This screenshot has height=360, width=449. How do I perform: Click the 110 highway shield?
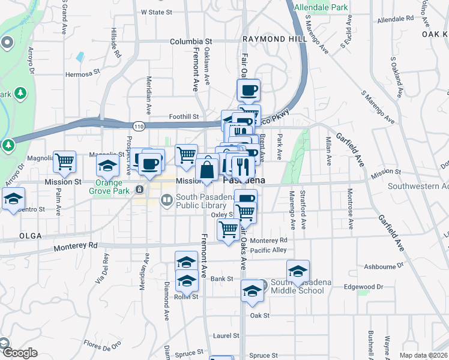(139, 125)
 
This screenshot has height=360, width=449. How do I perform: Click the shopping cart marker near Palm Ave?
(64, 162)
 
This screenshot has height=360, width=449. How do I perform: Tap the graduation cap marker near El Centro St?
(13, 199)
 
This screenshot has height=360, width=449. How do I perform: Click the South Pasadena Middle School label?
(297, 287)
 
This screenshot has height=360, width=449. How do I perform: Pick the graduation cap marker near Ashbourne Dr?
(298, 271)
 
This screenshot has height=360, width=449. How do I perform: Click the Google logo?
(19, 353)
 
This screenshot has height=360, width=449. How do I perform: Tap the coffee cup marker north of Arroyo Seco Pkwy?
(248, 91)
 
